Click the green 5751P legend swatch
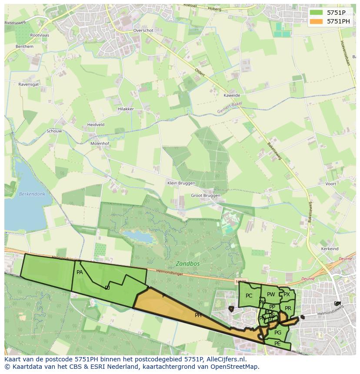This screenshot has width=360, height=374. [x=317, y=13]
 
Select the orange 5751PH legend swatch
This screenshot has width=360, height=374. [x=317, y=21]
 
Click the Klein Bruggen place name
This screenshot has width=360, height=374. [x=181, y=183]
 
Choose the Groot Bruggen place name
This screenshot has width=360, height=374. [x=206, y=195]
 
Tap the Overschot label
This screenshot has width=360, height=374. [x=143, y=31]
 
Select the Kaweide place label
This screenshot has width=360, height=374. [x=232, y=96]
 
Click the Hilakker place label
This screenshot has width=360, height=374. [x=126, y=109]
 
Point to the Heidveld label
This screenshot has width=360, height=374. [x=96, y=125]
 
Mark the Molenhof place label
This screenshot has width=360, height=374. [x=100, y=143]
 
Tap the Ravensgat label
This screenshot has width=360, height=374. [x=29, y=84]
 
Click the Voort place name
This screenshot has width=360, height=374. [x=330, y=184]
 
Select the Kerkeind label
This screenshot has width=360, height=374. [x=330, y=249]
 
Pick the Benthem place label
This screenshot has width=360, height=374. [x=24, y=46]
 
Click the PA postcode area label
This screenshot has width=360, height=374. [x=80, y=272]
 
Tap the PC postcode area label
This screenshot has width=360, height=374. [x=249, y=296]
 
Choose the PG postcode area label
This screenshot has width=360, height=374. [x=278, y=333]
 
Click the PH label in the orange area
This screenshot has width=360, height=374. [x=198, y=315]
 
